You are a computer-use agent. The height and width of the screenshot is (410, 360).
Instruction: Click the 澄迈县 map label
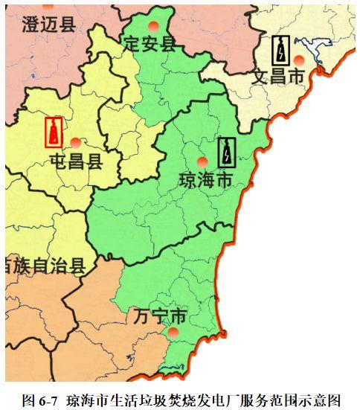click(x=48, y=25)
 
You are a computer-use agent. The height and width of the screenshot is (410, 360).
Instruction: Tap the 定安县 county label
click(x=151, y=42)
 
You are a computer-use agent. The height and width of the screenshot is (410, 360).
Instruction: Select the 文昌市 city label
click(x=278, y=76)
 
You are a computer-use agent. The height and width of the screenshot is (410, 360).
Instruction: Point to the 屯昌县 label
click(x=77, y=161)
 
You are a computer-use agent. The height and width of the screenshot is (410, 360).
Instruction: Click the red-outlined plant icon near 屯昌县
click(x=54, y=133)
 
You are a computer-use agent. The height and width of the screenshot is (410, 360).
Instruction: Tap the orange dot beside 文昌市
click(x=299, y=60)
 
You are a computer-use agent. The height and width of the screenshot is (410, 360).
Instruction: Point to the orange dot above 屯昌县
click(x=75, y=142)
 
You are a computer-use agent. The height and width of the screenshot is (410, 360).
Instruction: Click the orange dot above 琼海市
click(x=201, y=161)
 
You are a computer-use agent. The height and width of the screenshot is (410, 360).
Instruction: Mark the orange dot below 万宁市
click(x=173, y=334)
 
